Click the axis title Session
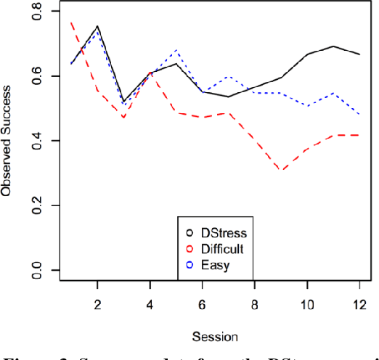[215, 337]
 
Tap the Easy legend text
[216, 265]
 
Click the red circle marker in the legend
[190, 249]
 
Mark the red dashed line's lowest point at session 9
[281, 171]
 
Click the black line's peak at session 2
[97, 26]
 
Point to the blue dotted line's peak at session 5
[176, 50]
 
